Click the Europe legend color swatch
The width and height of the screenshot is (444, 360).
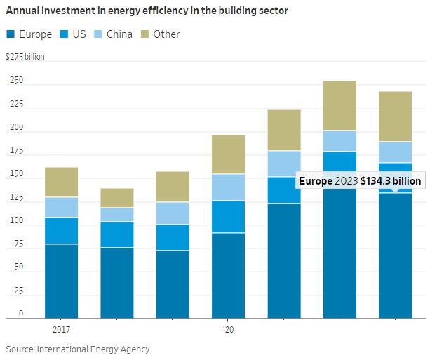(x=11, y=34)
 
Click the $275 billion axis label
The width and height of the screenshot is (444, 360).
(x=25, y=56)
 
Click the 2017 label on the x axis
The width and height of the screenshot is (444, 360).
(x=61, y=328)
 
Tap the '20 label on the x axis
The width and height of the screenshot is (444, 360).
(x=228, y=328)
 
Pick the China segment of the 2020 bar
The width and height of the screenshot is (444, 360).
(x=228, y=187)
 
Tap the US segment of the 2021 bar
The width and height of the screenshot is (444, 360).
(x=283, y=189)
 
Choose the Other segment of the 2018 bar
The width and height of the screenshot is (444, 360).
(x=116, y=197)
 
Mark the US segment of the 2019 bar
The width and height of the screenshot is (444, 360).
(x=173, y=237)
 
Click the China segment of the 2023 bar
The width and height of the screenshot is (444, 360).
(x=395, y=152)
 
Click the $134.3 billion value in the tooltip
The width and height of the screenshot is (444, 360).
(x=391, y=181)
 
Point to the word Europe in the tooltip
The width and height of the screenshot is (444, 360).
(x=315, y=181)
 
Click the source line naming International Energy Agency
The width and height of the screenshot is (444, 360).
(x=78, y=349)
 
